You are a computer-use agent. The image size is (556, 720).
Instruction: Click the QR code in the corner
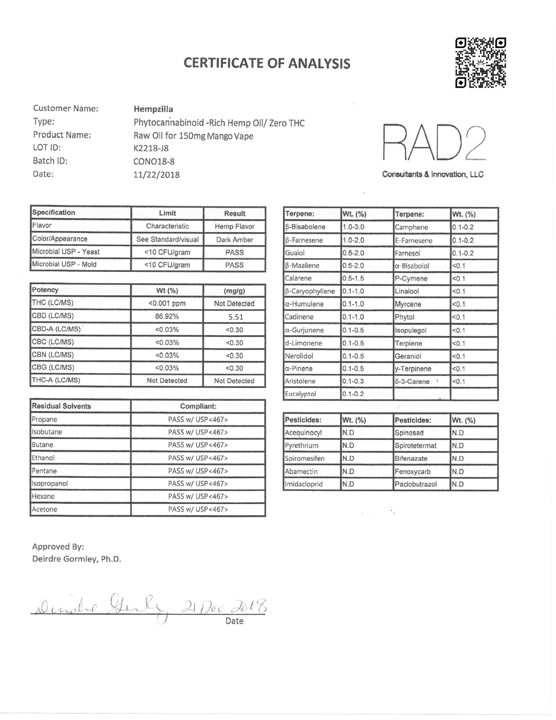(481, 63)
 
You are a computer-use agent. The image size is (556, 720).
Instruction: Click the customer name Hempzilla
(153, 109)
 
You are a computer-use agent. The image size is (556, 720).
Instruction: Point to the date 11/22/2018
(157, 175)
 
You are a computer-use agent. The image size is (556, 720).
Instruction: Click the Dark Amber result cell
(235, 240)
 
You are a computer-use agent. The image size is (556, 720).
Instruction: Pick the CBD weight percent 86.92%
(167, 316)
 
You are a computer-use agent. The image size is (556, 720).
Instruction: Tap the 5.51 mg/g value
(235, 317)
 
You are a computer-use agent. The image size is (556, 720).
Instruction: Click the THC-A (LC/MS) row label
(56, 380)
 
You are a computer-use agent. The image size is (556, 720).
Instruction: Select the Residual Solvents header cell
(61, 406)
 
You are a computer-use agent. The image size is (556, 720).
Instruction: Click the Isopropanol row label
(50, 483)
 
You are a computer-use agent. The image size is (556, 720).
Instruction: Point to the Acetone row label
(44, 509)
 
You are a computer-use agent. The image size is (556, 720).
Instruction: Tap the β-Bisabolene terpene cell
(305, 227)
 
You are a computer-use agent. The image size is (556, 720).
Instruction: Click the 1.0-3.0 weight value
(353, 227)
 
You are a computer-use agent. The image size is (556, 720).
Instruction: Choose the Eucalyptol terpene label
(300, 394)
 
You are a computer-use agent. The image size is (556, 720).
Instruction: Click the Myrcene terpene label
(408, 304)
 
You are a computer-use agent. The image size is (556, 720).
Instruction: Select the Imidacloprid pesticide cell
(304, 484)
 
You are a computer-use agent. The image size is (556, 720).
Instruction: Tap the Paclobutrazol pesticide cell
(416, 484)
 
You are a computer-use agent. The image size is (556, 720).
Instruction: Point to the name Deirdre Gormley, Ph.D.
(77, 559)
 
